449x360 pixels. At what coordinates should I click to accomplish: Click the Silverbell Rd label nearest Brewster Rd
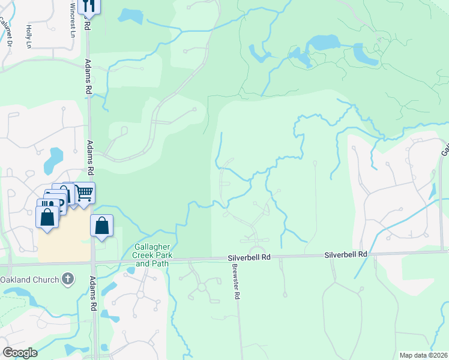[249, 257]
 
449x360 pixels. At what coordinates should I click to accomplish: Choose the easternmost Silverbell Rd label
[346, 254]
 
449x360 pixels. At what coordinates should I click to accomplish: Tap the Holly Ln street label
[28, 36]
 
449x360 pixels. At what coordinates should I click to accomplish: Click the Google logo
[20, 352]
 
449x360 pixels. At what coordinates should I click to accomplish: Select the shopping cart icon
[85, 193]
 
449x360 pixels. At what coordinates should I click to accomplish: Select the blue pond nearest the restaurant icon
[131, 16]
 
